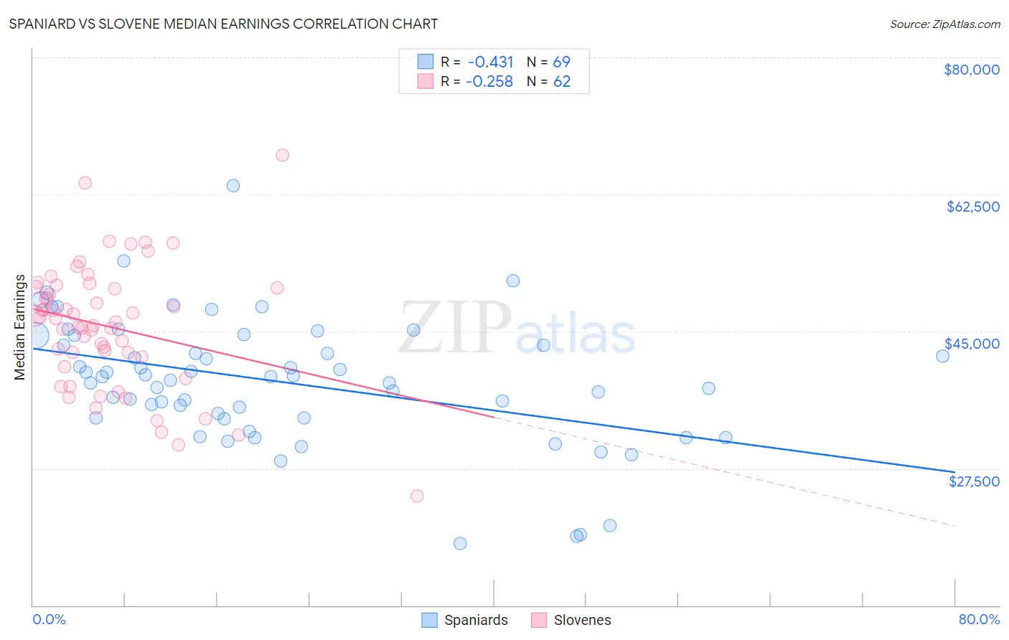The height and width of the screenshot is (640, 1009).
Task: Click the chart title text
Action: pos(223,24)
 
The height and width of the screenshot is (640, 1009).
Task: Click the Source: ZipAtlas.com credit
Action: pos(944,24)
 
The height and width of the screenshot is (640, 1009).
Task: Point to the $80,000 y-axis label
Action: pos(971,70)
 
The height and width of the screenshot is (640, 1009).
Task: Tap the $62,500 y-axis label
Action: pos(972,207)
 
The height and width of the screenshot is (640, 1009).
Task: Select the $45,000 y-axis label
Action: pos(972,344)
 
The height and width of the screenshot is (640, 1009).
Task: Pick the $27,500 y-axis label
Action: pos(974,481)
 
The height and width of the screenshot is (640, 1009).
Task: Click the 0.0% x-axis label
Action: pos(49,619)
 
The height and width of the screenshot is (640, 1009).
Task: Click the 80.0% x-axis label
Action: pos(979,619)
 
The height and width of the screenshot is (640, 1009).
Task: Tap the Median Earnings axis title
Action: pos(20,327)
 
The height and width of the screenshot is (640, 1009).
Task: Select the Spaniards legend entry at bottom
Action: pos(475,620)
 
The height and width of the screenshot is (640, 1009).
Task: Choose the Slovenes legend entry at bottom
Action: pos(581,620)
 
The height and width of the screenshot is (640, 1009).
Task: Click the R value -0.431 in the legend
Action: pos(490,62)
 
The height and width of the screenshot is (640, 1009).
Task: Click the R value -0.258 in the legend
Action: pos(489,82)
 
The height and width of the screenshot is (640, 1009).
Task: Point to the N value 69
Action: pos(561,62)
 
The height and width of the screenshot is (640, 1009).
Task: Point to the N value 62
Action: pos(561,82)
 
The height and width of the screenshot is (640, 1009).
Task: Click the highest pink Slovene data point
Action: pos(282,155)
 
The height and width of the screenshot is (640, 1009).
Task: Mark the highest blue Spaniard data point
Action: pos(233,186)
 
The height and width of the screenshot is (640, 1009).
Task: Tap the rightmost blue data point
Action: pos(942,356)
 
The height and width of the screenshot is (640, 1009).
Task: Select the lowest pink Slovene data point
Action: pos(417,496)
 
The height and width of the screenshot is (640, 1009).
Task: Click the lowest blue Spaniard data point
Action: pos(460,543)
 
